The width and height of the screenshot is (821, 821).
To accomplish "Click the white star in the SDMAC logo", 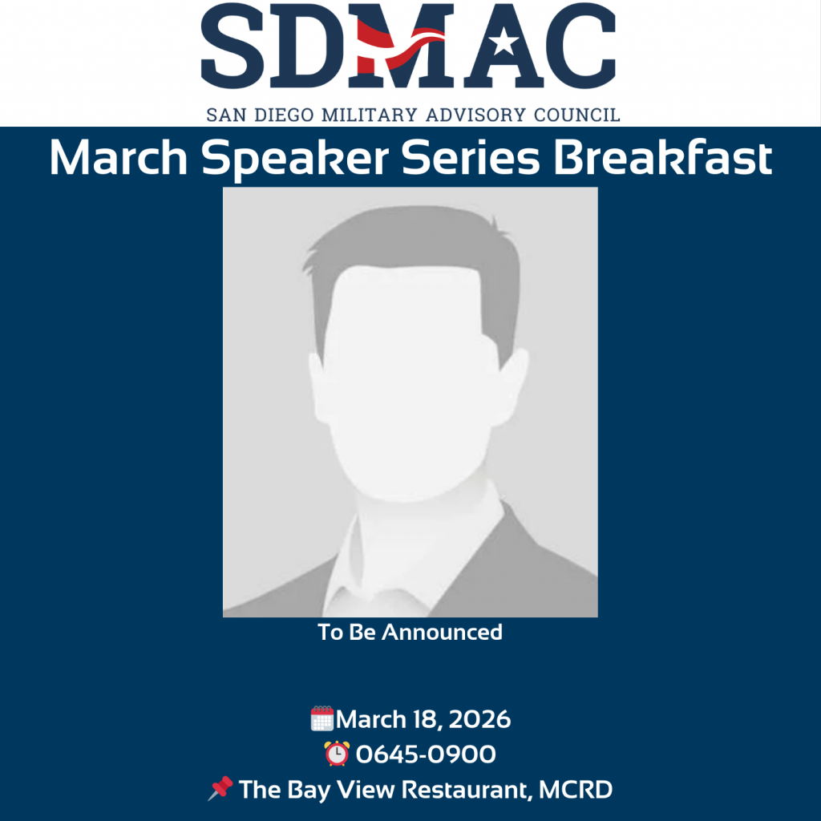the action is [504, 42].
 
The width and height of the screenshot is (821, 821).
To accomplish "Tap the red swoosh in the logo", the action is [401, 46].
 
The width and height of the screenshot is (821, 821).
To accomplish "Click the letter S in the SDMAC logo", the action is [233, 46].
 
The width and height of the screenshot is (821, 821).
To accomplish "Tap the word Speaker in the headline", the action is [295, 158].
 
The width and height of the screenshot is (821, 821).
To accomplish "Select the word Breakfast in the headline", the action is [662, 158].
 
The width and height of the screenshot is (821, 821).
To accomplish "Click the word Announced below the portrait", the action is [442, 632].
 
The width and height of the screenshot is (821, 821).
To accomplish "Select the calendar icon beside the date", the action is [322, 718].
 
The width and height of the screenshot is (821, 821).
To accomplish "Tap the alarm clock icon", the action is [337, 754].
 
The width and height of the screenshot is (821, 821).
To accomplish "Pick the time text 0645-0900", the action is [425, 754].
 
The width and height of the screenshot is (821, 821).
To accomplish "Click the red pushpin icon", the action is [220, 788].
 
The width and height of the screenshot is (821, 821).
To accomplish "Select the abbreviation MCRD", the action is [576, 790].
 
